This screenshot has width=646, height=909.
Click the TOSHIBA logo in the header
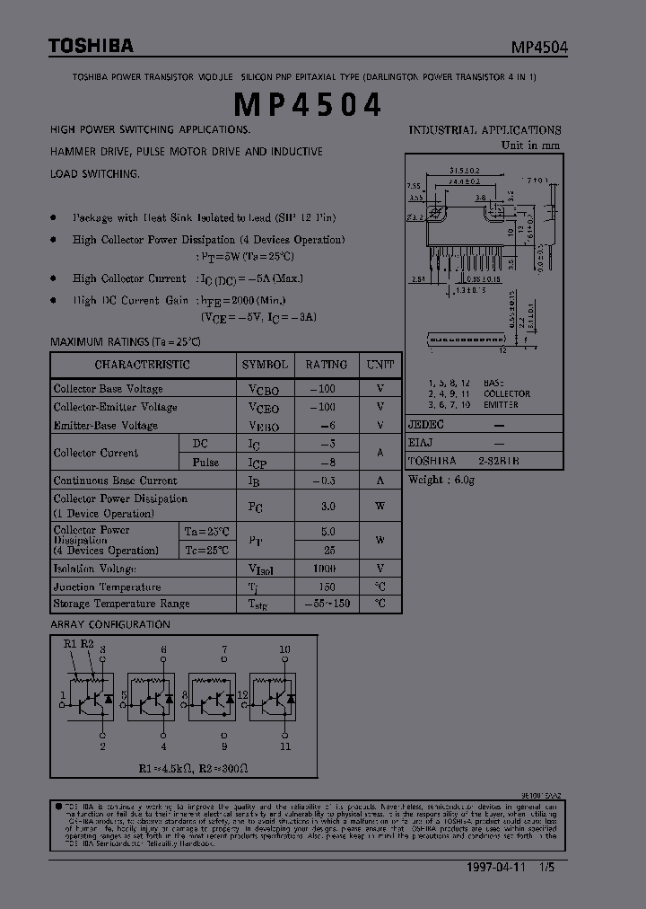91,46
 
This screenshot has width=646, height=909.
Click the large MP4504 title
308,104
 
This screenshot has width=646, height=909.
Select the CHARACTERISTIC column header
142,365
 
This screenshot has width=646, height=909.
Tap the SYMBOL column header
265,365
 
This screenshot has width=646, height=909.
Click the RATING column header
326,365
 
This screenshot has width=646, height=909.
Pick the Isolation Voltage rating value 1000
325,569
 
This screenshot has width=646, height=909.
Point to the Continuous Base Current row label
115,481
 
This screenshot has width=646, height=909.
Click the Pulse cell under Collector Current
205,462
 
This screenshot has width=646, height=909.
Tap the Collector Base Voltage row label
108,389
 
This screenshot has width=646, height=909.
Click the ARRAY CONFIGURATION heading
109,624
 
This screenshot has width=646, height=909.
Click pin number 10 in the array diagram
284,649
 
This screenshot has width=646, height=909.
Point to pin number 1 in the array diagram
63,694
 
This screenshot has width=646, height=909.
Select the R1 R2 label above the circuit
79,644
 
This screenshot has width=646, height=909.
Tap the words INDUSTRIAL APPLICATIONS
484,130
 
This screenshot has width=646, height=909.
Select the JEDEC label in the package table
426,424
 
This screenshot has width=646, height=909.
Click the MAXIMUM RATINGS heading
125,342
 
